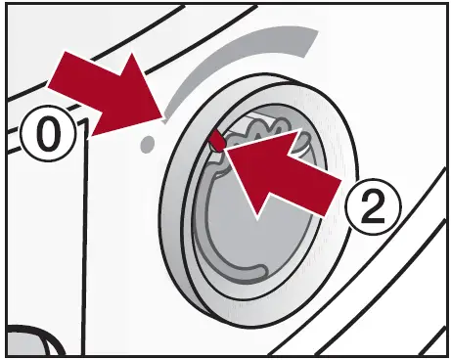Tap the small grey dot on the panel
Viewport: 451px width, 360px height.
click(148, 145)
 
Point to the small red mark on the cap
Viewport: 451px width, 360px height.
click(217, 141)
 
